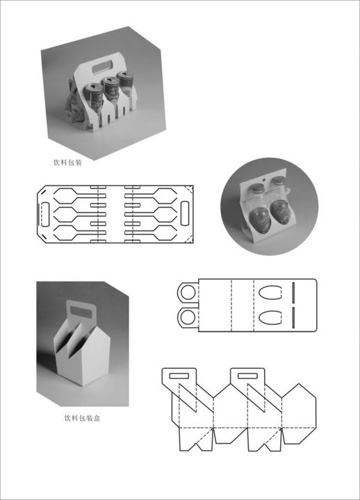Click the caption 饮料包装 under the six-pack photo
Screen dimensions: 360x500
pos(67,162)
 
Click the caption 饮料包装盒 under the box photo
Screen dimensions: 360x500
pos(82,418)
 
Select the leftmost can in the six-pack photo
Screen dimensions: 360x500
pos(94,95)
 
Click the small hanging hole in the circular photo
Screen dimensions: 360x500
pos(263,180)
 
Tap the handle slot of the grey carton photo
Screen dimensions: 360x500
pos(81,312)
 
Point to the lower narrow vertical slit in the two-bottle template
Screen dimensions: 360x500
pos(293,317)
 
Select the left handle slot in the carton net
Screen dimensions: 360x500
pos(179,376)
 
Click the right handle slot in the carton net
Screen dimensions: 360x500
pos(247,376)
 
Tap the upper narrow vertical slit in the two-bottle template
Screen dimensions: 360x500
pos(293,293)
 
